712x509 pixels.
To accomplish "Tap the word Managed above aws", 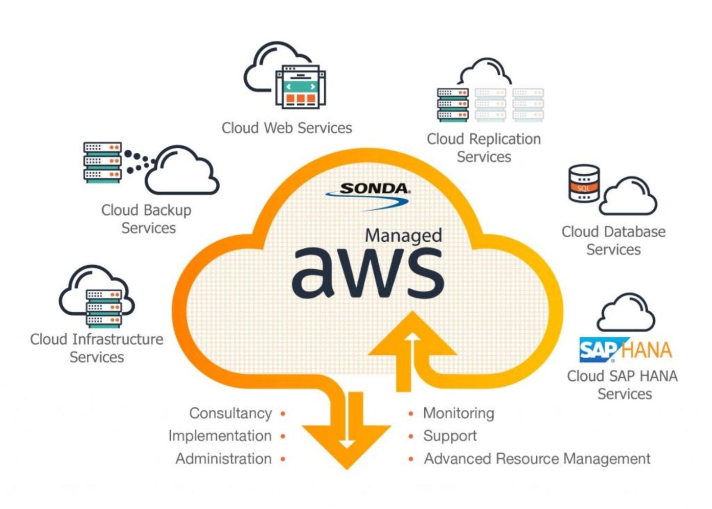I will click(403, 235).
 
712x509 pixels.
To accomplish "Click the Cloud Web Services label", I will click(287, 128).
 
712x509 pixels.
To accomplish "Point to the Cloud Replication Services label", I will click(484, 148).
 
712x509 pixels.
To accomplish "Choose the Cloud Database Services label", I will click(613, 240).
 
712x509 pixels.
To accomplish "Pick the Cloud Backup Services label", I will click(147, 219).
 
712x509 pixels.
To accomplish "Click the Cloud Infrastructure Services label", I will click(97, 348).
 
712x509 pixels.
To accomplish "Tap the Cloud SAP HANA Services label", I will click(623, 385).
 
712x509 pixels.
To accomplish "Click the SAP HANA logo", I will click(625, 350).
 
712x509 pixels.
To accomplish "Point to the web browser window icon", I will click(301, 87).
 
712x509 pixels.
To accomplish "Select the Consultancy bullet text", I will click(231, 413).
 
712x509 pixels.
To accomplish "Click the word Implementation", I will click(220, 436).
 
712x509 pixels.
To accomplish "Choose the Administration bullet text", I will click(223, 458).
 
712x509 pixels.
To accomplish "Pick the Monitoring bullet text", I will click(458, 413).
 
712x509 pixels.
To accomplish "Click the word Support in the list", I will click(450, 436).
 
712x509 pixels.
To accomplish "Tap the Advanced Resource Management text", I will click(537, 458).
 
